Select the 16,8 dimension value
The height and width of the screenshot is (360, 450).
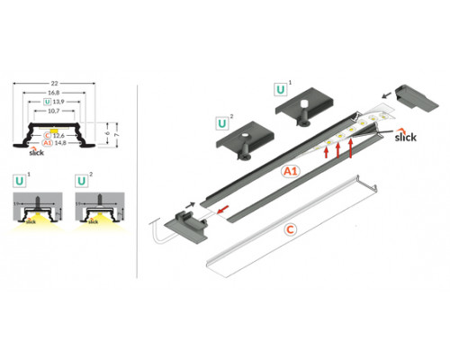pyautogui.click(x=57, y=94)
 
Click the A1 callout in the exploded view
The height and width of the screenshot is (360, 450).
pyautogui.click(x=290, y=169)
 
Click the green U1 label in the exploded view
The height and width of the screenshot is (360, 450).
pyautogui.click(x=282, y=91)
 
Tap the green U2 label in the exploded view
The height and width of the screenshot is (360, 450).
pyautogui.click(x=220, y=121)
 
